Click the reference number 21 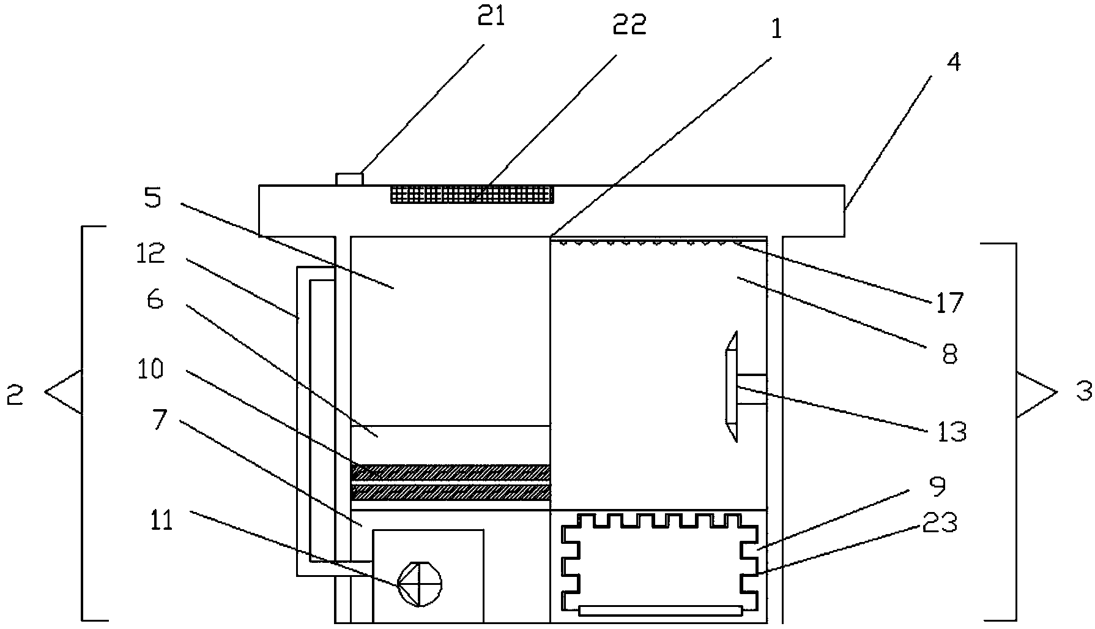[491, 17]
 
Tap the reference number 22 [629, 26]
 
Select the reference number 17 [949, 302]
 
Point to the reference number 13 [952, 432]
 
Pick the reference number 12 [150, 252]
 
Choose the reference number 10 [150, 369]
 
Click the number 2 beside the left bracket [15, 396]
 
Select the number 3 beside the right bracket [1083, 391]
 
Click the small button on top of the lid [349, 179]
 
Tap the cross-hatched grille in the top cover [472, 195]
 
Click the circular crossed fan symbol [419, 583]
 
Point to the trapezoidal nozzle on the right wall [732, 386]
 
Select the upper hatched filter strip [450, 472]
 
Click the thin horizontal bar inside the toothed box [661, 610]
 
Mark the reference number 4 [953, 62]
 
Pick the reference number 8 [949, 354]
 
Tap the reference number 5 [152, 198]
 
